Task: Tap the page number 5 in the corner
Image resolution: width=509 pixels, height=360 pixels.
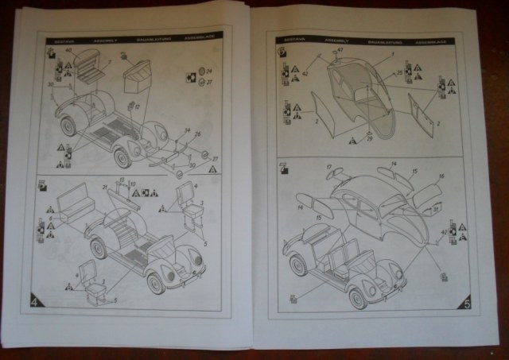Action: (x=467, y=303)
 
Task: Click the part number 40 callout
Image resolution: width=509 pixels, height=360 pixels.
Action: (x=69, y=50)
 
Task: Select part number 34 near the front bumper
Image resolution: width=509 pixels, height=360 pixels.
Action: (x=187, y=131)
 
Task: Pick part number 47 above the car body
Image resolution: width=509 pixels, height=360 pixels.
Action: (x=340, y=50)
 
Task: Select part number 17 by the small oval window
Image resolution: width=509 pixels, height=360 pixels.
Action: (x=328, y=166)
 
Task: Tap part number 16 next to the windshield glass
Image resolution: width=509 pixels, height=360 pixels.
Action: (x=441, y=176)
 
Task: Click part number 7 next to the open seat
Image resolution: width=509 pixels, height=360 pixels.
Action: (x=110, y=60)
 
